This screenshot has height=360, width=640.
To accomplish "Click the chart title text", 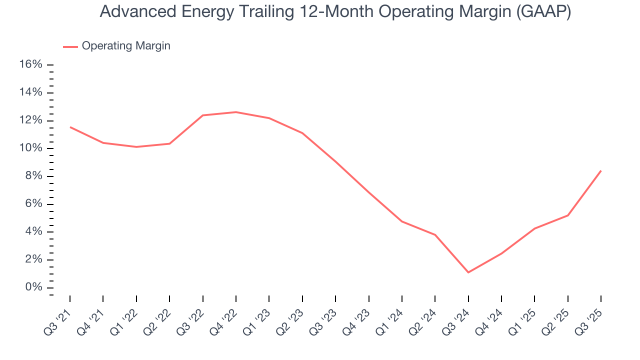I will coord(335,11).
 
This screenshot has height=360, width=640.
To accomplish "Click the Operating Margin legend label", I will coord(125,46).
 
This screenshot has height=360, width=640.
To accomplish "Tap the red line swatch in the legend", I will coord(70,46).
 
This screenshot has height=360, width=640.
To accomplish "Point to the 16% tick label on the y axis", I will coord(30,64).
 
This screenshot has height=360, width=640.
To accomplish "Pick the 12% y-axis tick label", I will coord(30,120).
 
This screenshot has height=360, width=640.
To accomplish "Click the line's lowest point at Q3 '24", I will coord(468,272).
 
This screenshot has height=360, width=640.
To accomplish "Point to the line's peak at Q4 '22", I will coord(236,112).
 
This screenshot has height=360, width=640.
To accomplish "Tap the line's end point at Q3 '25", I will coord(600,171).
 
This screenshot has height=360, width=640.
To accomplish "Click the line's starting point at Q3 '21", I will coord(70,127).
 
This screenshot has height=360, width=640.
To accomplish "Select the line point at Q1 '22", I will coord(136,147).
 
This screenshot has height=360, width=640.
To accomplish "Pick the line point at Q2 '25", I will coord(567,215).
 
